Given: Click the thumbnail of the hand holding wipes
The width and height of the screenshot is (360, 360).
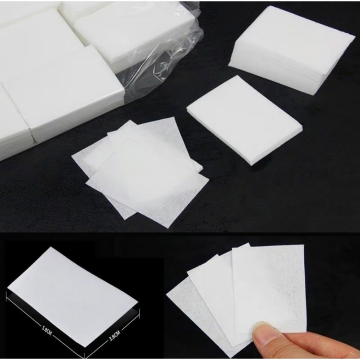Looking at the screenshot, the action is click(262, 296).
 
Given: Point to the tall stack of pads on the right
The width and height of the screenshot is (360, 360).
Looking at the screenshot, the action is click(291, 48).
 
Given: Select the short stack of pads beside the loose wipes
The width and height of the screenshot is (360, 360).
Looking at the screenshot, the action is click(245, 120).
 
